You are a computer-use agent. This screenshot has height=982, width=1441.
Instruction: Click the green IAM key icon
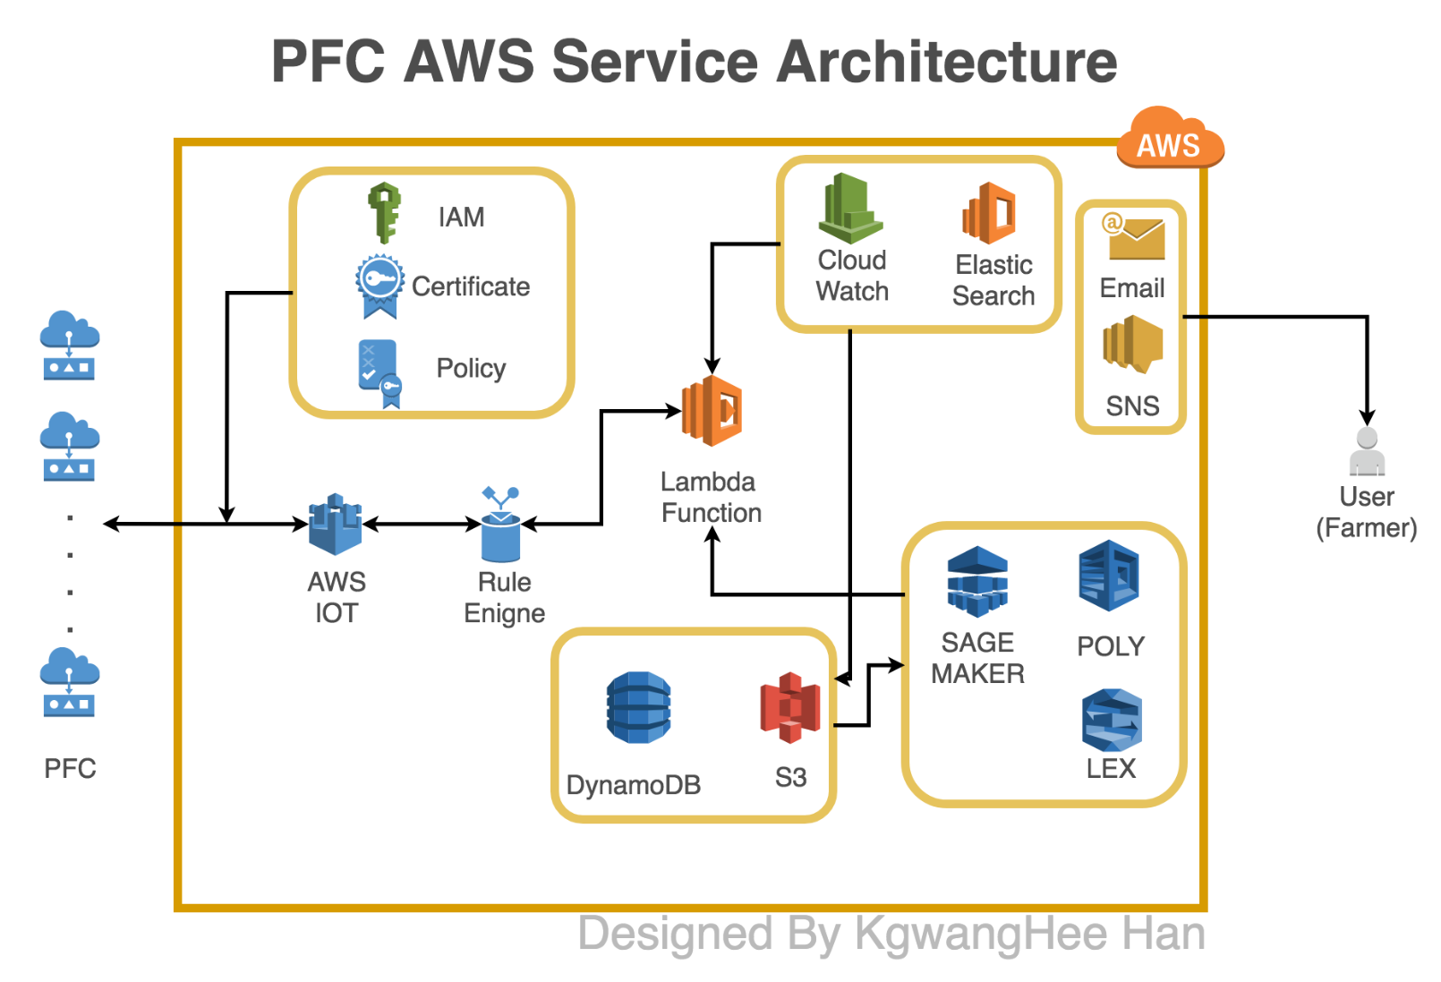[385, 213]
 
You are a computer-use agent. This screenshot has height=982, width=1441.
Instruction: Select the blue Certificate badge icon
[379, 285]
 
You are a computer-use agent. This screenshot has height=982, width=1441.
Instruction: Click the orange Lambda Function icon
[712, 410]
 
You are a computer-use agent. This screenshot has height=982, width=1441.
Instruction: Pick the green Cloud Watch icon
[850, 209]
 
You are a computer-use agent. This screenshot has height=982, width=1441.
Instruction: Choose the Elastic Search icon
[990, 213]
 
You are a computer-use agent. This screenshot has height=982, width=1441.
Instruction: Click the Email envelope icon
[1133, 236]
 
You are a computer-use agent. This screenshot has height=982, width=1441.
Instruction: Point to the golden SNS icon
[1133, 344]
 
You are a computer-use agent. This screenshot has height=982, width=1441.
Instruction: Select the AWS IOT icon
[336, 525]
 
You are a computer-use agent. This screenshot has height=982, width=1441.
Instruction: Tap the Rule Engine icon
[500, 525]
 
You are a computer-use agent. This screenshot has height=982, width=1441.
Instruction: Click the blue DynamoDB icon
[638, 707]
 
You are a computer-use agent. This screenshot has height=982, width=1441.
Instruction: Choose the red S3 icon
[789, 707]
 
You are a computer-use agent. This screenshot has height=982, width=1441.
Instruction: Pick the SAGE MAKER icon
[977, 581]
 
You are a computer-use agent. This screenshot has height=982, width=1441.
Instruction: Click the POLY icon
[1110, 576]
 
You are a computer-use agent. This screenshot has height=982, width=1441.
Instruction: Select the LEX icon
[1112, 720]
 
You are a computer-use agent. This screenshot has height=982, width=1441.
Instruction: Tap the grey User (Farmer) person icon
[1367, 451]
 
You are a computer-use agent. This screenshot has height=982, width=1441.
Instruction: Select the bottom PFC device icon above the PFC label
[70, 682]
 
